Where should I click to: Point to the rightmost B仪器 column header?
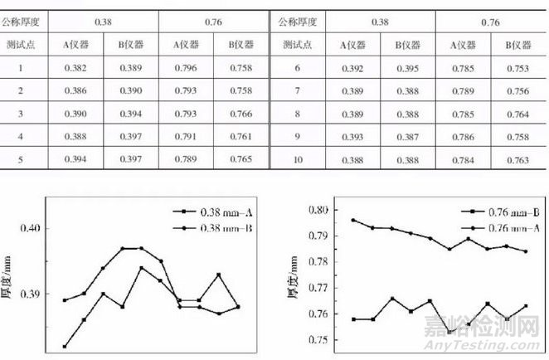coord(517,44)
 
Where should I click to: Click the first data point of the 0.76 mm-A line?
coord(330,220)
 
